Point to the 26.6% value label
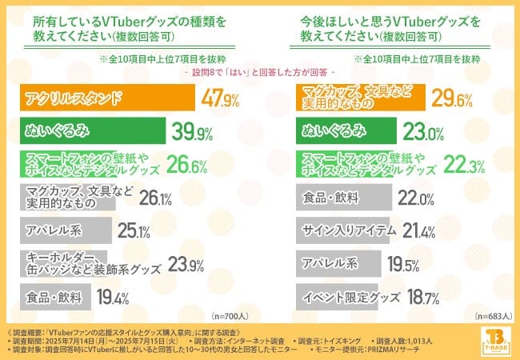click(190, 166)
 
